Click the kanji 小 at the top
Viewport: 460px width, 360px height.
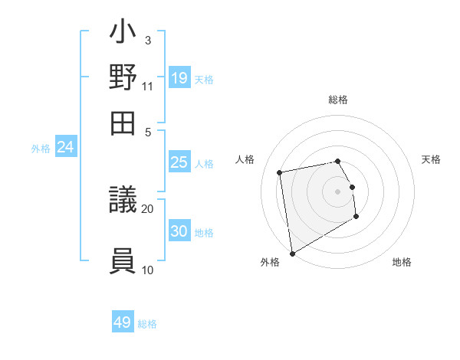(x=123, y=34)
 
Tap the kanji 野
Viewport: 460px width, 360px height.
(x=123, y=78)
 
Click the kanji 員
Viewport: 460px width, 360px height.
(x=123, y=260)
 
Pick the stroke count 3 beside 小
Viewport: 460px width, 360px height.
(x=147, y=40)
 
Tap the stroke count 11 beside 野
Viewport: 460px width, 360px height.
(x=147, y=85)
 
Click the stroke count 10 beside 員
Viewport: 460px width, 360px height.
(x=147, y=269)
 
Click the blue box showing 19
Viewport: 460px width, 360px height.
(x=179, y=78)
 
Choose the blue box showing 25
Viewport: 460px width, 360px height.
(x=179, y=162)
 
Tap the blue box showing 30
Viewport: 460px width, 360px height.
(x=179, y=231)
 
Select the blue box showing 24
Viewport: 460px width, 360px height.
(x=65, y=148)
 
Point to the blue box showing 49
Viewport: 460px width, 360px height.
(x=123, y=322)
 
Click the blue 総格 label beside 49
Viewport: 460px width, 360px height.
(x=148, y=324)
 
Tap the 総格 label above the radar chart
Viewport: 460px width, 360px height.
(x=338, y=100)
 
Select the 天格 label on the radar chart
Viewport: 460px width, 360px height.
(x=431, y=159)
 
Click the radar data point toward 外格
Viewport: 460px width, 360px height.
(x=292, y=254)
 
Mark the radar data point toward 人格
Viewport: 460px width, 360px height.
(x=280, y=172)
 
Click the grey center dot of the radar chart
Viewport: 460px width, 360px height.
(x=338, y=191)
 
